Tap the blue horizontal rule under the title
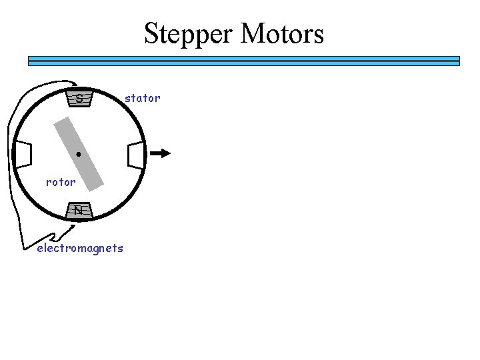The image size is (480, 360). coord(244,61)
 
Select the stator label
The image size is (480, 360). coord(143,98)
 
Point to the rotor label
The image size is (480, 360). coord(61,181)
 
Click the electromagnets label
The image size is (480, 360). coord(80,249)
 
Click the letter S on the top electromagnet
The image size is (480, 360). coord(79,99)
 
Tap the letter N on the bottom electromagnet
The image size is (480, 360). coord(79,210)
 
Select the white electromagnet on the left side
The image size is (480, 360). coord(23,154)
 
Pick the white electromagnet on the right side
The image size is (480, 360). coord(135,154)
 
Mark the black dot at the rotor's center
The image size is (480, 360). coord(79,154)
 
